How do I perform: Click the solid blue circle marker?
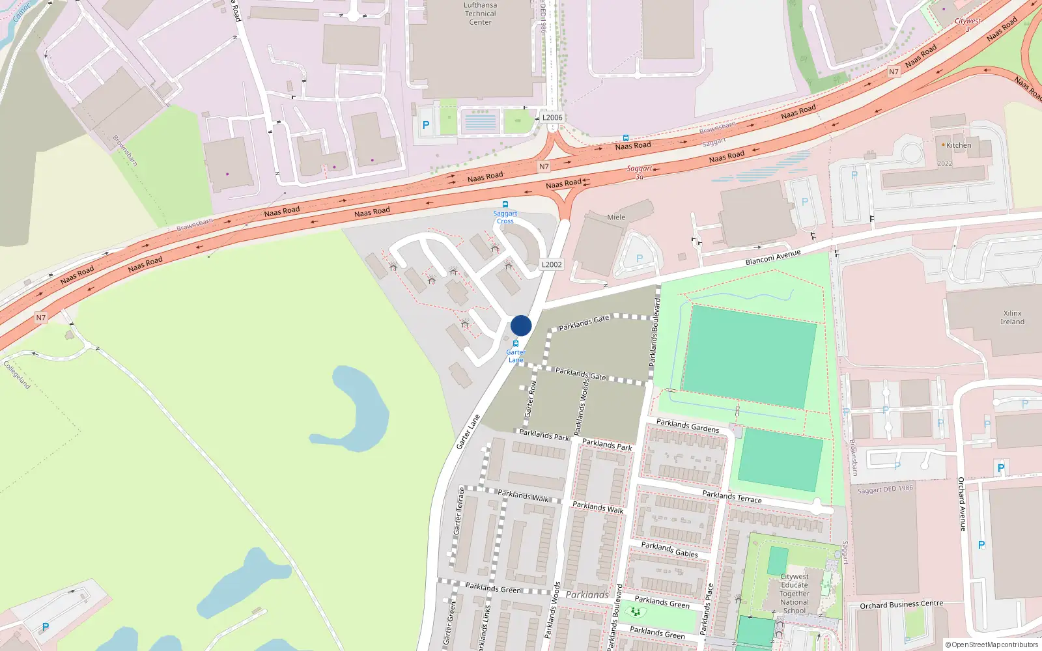(x=521, y=325)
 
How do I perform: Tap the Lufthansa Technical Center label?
(x=481, y=14)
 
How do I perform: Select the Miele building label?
(x=616, y=217)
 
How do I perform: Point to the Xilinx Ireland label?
(x=1012, y=318)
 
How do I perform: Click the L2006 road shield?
(x=552, y=118)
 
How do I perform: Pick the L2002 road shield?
(x=552, y=264)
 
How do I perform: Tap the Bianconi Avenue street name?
(x=773, y=258)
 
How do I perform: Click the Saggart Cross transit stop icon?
(x=505, y=204)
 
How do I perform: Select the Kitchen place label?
(x=958, y=145)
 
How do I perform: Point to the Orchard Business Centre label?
(x=901, y=605)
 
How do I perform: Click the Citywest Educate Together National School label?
(x=795, y=593)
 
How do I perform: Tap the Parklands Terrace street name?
(x=731, y=496)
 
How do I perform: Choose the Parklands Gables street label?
(x=669, y=549)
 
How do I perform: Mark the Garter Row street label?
(x=531, y=398)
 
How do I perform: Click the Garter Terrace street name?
(x=459, y=511)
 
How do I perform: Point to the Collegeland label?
(x=17, y=375)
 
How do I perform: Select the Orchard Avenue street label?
(x=962, y=504)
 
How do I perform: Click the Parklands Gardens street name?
(x=688, y=426)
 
